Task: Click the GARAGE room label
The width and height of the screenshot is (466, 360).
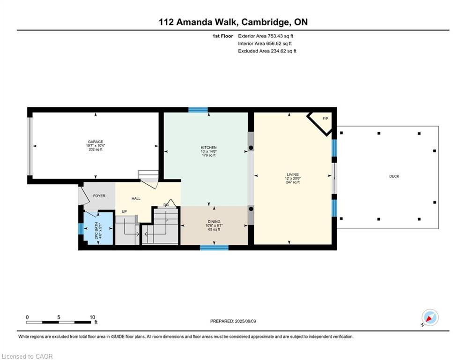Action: coord(96,142)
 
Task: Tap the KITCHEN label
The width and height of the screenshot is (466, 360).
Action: coord(208,148)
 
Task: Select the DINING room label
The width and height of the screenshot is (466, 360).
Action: coord(214,222)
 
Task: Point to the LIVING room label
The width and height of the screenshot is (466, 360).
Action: coord(293,174)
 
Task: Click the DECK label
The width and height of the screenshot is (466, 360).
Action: coord(394,176)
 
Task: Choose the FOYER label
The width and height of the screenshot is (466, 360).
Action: coord(99,196)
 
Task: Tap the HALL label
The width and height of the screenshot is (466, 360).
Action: coord(136,198)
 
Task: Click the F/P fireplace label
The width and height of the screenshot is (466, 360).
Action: coord(325,119)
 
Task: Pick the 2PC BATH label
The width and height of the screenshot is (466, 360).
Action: coord(96,231)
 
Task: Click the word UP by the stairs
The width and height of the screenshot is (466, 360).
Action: coord(124,211)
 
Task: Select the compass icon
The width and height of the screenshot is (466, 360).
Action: coord(430,317)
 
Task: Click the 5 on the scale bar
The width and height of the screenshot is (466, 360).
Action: coord(59,317)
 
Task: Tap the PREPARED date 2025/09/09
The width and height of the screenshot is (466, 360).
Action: coord(245,321)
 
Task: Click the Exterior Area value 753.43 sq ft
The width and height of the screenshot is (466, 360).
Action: coord(280,36)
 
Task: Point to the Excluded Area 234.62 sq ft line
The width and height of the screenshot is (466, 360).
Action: coord(267,51)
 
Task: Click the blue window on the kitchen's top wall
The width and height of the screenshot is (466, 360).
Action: coord(198,110)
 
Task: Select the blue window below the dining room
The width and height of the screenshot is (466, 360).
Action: coord(214,247)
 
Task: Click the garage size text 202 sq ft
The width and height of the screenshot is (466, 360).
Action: coord(96,150)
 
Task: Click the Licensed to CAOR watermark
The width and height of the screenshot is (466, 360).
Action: coord(27,356)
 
